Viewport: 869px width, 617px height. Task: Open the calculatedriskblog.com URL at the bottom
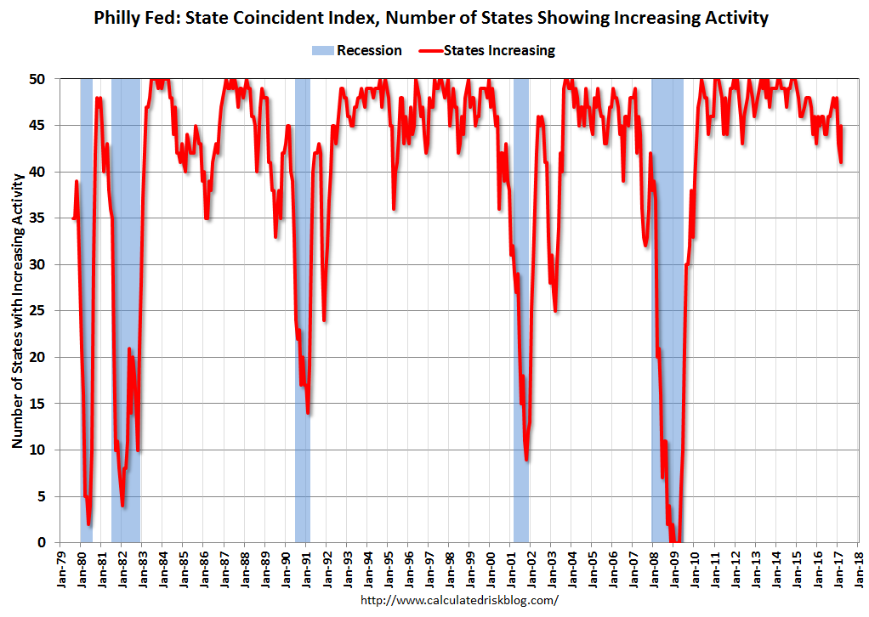click(x=459, y=600)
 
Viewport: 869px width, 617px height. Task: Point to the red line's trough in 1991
click(x=308, y=413)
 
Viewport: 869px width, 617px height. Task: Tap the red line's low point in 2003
click(x=555, y=311)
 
